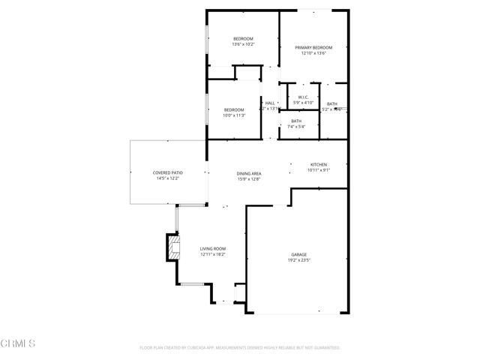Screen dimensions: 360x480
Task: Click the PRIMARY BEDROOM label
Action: [313, 47]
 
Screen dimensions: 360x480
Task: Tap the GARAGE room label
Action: [298, 255]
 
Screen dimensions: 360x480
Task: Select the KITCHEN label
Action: [319, 165]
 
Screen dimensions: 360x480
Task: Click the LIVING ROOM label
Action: [212, 249]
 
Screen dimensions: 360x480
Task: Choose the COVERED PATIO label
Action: [168, 173]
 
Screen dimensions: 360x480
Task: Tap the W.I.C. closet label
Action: [303, 97]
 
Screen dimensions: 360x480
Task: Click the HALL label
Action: [270, 103]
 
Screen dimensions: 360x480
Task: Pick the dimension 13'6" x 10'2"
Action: [243, 45]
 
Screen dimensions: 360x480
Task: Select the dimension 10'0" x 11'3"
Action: [234, 115]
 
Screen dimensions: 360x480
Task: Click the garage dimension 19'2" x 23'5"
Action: [298, 261]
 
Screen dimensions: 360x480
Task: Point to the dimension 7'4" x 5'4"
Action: [296, 126]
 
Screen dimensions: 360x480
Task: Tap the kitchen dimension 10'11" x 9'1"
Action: [319, 170]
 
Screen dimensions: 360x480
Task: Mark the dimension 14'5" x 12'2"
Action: [168, 178]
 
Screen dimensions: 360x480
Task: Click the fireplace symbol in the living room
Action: [174, 247]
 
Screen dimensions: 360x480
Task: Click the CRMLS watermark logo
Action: [18, 343]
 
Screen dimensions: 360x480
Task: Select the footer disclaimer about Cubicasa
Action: [240, 348]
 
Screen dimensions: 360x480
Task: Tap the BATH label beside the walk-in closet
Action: [331, 104]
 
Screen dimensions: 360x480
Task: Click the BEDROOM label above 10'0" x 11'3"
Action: [234, 110]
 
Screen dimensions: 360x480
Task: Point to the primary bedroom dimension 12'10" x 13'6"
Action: [313, 53]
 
